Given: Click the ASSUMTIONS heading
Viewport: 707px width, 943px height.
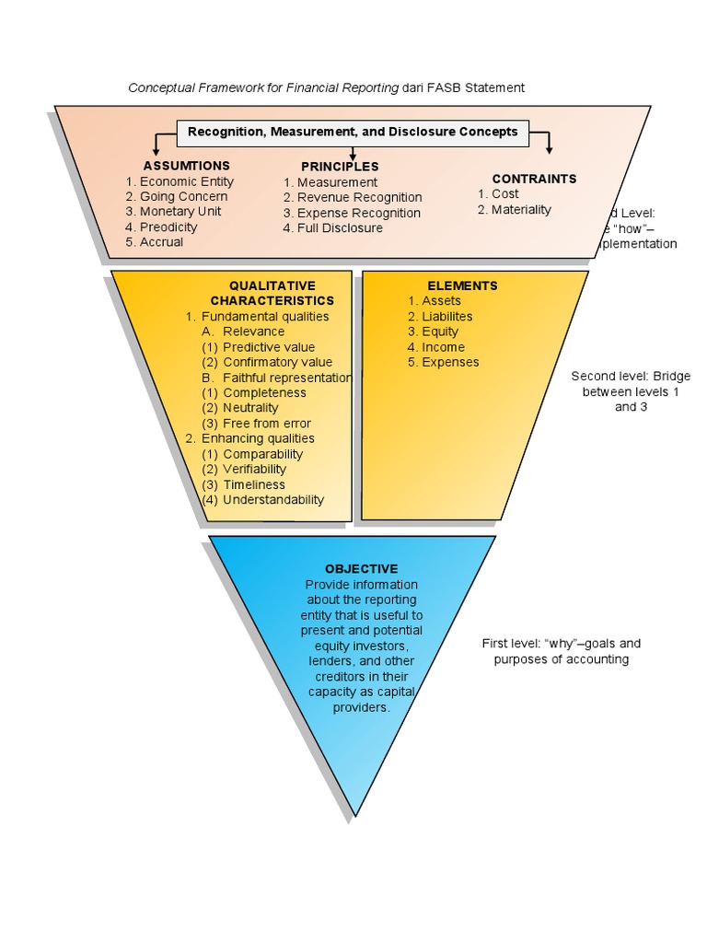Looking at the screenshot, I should pyautogui.click(x=180, y=166).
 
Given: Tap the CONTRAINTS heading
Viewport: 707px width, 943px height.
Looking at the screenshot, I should pyautogui.click(x=534, y=179).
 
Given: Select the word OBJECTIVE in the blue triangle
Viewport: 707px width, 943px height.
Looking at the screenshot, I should pyautogui.click(x=349, y=569).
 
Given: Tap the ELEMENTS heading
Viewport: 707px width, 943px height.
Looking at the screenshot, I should pyautogui.click(x=462, y=285).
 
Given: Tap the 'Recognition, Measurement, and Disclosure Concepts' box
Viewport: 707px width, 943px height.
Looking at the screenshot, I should pyautogui.click(x=353, y=132).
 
